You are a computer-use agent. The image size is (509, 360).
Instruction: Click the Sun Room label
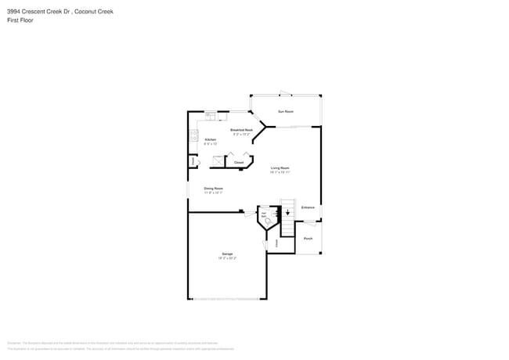[x=286, y=112]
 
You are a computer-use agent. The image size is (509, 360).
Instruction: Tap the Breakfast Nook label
[x=241, y=130]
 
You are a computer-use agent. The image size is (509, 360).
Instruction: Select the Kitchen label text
[x=210, y=140]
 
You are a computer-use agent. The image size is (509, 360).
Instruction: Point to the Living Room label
[x=280, y=168]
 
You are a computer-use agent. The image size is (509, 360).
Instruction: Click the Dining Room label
[x=214, y=189]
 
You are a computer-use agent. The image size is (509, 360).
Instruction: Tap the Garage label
[x=227, y=254]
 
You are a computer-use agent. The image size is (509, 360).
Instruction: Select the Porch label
[x=309, y=238]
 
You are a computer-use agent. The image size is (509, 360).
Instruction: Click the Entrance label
[x=308, y=207]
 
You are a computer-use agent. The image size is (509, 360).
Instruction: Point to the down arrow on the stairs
[x=287, y=211]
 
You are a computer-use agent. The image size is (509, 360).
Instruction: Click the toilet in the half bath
[x=269, y=221]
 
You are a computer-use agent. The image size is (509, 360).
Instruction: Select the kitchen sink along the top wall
[x=210, y=116]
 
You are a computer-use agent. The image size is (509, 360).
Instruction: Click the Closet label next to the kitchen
[x=239, y=163]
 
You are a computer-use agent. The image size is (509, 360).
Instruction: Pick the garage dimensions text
[x=227, y=258]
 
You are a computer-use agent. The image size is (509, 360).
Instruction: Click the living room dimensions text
[x=280, y=172]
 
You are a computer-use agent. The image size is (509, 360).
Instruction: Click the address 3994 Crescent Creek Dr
[x=39, y=10]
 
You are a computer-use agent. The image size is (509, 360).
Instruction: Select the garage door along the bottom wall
[x=227, y=298]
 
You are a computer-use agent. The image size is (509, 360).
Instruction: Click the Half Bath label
[x=264, y=214]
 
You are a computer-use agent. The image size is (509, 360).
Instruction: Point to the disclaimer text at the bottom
[x=117, y=345]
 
